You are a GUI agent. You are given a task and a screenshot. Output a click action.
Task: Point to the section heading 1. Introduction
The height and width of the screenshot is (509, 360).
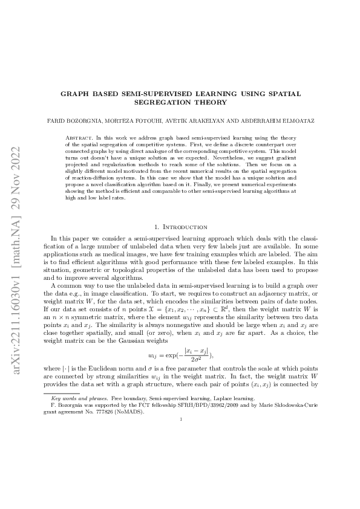pos(181,227)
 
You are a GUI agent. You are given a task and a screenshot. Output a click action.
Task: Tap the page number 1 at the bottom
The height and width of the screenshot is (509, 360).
pos(181,467)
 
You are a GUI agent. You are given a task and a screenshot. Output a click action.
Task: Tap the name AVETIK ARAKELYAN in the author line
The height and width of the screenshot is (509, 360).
pos(198,121)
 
